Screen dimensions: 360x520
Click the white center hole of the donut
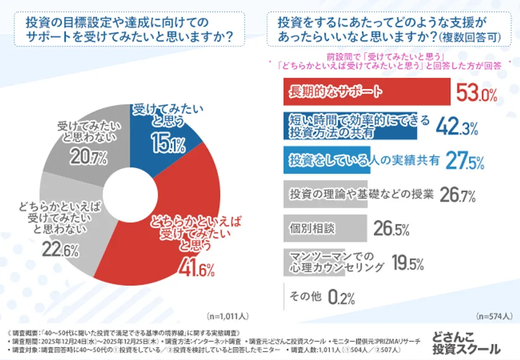(x=131, y=189)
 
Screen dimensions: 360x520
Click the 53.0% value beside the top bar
(x=477, y=93)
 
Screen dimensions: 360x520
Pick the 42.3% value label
(x=457, y=127)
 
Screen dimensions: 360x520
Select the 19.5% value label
(x=407, y=264)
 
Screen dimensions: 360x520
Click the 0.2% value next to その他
(x=340, y=298)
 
